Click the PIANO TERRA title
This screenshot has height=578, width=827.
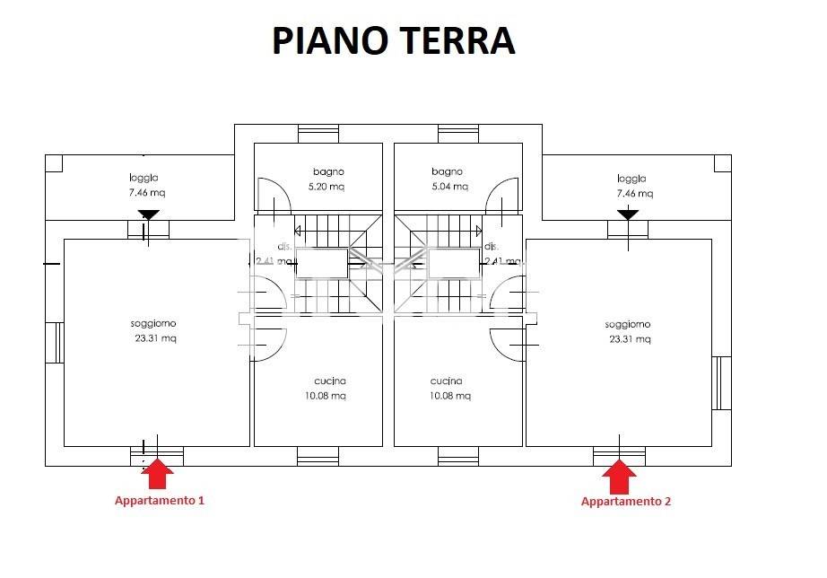[x=394, y=41]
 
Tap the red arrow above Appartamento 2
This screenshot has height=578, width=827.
[x=619, y=475]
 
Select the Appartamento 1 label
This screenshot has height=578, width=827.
[x=160, y=500]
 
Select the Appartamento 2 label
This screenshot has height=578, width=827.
[x=625, y=501]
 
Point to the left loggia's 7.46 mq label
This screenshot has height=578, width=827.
[x=147, y=192]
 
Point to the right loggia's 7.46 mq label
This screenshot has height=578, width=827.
[x=634, y=193]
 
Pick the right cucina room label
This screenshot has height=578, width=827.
[x=446, y=380]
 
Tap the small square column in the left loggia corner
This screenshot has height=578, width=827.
[x=54, y=163]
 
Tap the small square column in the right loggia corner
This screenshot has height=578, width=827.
[x=723, y=163]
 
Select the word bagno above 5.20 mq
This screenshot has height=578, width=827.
[x=328, y=171]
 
